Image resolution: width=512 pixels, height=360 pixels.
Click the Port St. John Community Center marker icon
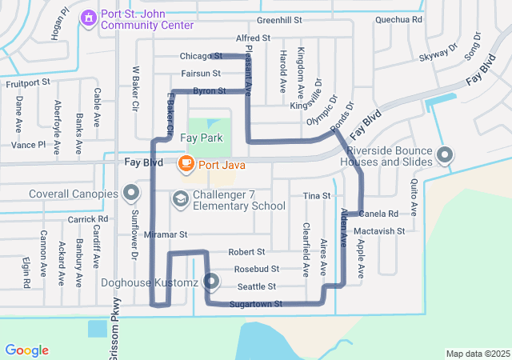(x=89, y=16)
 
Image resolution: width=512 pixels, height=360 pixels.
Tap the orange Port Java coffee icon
(x=185, y=163)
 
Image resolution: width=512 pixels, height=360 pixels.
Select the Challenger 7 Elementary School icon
(x=180, y=197)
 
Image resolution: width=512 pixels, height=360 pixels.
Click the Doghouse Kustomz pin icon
(x=211, y=282)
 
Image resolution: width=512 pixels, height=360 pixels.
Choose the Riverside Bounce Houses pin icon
(x=446, y=154)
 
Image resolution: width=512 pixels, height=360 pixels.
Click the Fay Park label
(x=200, y=138)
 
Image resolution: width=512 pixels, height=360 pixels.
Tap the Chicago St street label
(x=201, y=56)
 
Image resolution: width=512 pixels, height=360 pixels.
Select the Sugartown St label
(x=256, y=304)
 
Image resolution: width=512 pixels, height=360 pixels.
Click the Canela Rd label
(x=379, y=214)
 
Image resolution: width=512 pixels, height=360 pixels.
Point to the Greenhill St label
(x=279, y=19)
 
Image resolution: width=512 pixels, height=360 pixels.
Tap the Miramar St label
(x=166, y=235)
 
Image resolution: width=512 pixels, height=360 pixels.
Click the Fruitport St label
(x=28, y=82)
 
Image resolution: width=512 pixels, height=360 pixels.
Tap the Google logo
(x=26, y=350)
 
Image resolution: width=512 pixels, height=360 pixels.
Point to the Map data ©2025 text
(x=477, y=354)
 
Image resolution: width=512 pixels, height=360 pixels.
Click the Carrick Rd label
(x=87, y=218)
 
